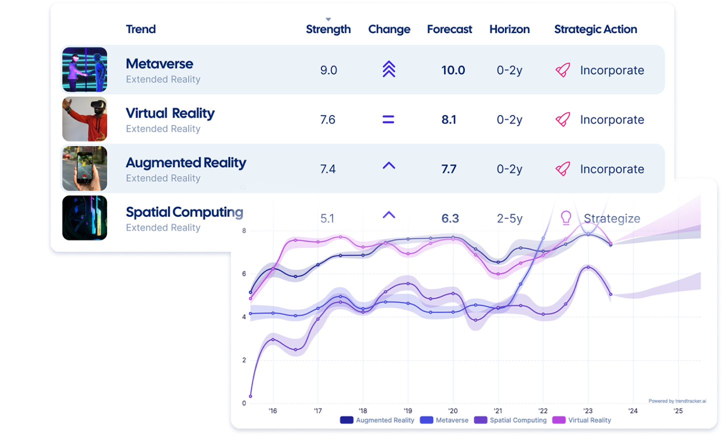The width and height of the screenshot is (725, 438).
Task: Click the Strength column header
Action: [328, 29]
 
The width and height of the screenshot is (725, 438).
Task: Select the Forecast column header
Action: [449, 29]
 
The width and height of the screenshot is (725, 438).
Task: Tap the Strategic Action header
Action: [595, 29]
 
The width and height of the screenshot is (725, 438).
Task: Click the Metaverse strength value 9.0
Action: [328, 70]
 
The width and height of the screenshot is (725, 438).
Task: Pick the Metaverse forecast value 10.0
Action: [453, 70]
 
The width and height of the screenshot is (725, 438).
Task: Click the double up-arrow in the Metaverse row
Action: [388, 69]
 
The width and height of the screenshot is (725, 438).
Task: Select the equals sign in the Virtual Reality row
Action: [388, 119]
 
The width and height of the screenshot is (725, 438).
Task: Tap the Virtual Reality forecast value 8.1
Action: [448, 120]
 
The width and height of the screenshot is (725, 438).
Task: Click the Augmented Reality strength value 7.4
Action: [327, 169]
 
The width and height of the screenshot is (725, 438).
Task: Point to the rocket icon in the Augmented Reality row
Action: [563, 169]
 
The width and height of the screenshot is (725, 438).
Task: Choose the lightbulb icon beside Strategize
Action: [565, 218]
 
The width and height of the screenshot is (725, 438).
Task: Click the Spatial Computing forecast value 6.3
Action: [450, 218]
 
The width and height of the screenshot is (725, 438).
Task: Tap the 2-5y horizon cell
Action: [509, 218]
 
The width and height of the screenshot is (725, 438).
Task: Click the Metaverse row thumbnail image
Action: [84, 69]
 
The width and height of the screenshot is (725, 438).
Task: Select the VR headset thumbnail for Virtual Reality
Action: [84, 119]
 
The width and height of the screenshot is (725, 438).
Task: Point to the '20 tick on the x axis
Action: [452, 411]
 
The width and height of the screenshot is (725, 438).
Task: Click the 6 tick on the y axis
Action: [244, 274]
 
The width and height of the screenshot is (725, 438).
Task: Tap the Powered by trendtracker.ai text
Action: [677, 401]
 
